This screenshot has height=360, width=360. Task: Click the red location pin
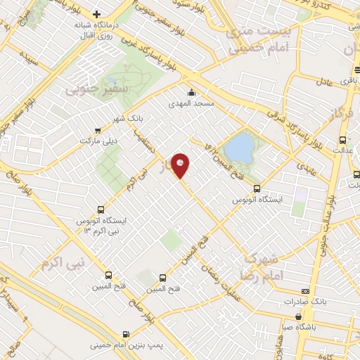tap(181, 165)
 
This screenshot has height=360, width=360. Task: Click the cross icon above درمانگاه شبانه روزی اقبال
tap(97, 14)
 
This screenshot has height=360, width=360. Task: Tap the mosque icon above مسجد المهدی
tap(191, 92)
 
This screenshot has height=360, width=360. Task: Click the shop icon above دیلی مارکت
tap(97, 130)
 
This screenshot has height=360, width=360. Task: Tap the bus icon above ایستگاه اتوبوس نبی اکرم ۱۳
tap(101, 210)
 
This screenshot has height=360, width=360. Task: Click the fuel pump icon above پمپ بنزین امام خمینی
tap(125, 334)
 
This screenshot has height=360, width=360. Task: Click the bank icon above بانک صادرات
tap(304, 291)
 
